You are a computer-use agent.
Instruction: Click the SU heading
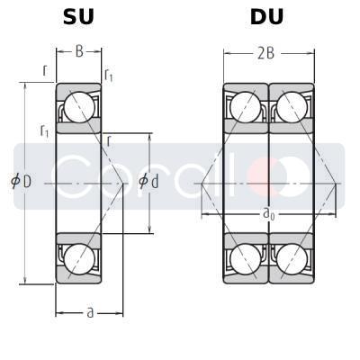(x=79, y=17)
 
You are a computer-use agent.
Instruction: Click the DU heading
(x=267, y=17)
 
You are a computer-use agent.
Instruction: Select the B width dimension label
(x=79, y=52)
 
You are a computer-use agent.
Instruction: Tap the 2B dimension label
(x=266, y=53)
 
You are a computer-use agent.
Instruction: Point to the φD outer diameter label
(x=21, y=182)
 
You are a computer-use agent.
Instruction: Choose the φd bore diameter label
(x=148, y=182)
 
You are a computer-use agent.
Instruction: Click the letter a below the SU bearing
(x=89, y=312)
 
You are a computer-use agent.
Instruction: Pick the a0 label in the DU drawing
(x=269, y=214)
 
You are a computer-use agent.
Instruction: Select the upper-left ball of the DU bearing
(x=245, y=107)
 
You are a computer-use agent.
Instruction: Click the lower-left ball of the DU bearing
(x=245, y=257)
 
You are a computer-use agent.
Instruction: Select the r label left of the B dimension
(x=45, y=68)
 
